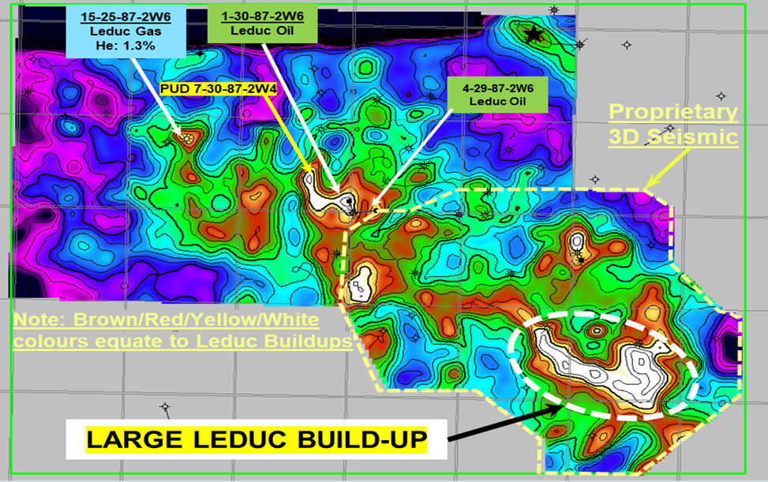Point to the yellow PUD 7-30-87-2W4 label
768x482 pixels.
point(219,90)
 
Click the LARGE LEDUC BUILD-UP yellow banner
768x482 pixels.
point(257,439)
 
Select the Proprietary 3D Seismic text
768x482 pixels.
point(673,125)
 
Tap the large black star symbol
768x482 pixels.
point(534,34)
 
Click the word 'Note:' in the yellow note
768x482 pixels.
point(37,320)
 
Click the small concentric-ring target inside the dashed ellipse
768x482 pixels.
point(598,331)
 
